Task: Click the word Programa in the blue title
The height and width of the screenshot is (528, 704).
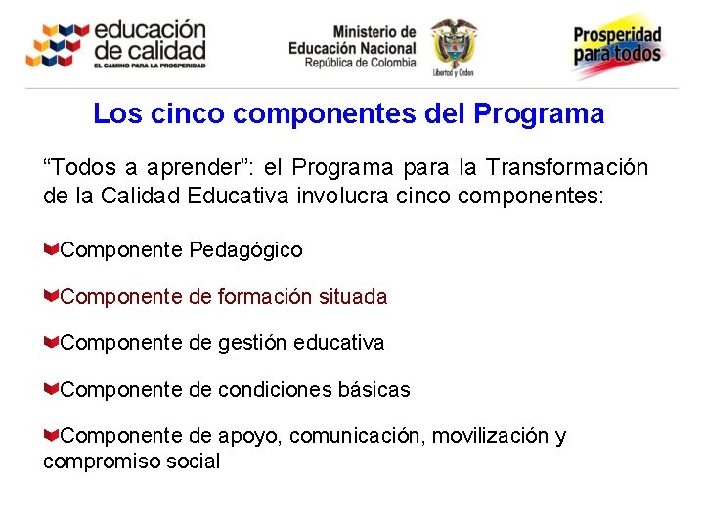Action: tap(539, 114)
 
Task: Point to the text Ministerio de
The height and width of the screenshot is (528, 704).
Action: tap(374, 32)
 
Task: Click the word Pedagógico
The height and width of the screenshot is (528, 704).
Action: tap(246, 250)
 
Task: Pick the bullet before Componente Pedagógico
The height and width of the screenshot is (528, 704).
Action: tap(51, 249)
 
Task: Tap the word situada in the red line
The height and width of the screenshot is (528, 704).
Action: tap(353, 296)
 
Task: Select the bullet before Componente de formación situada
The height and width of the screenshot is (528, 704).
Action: tap(51, 295)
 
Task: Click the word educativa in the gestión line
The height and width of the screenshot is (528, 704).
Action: tap(336, 343)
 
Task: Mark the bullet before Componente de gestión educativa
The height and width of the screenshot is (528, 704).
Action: tap(51, 342)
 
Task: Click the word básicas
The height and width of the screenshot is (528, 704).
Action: tap(374, 390)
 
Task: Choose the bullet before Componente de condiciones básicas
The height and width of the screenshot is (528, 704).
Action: tap(51, 389)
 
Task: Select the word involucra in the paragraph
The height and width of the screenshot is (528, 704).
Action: tap(354, 196)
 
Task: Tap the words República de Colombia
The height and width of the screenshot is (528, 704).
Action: tap(360, 63)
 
